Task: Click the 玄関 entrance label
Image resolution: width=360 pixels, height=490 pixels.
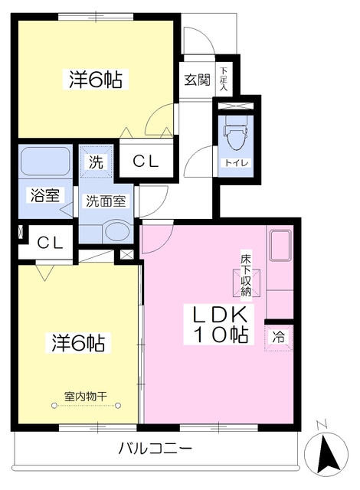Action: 197,80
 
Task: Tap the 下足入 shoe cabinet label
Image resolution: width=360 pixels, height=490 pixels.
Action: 223,79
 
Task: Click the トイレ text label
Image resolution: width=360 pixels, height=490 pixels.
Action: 236,162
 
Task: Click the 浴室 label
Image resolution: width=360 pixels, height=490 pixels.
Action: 45,195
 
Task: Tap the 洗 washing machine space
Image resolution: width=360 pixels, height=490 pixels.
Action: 96,162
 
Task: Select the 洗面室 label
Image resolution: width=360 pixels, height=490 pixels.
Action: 106,201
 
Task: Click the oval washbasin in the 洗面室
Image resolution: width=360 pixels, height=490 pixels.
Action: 117,231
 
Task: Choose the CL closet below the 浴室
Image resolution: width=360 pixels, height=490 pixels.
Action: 50,243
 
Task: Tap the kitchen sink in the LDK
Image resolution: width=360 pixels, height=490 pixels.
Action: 280,246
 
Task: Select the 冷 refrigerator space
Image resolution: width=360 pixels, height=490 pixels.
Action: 279,338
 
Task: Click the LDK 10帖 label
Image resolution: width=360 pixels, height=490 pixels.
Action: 221,325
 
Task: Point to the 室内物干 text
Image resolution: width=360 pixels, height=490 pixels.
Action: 86,397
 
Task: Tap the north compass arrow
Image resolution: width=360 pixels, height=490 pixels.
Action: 326,454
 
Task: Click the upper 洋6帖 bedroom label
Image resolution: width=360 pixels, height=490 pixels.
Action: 95,79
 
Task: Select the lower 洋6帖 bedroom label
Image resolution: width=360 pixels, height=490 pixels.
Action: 78,343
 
